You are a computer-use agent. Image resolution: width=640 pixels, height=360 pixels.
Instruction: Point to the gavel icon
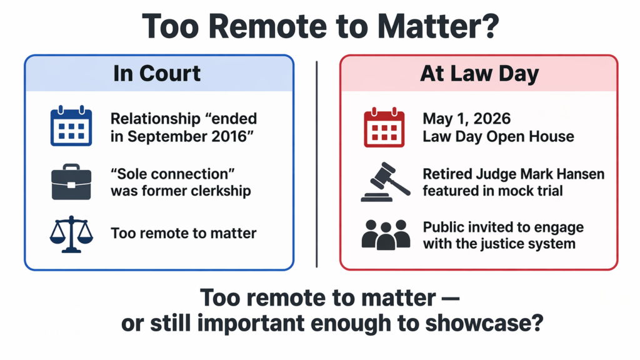click(x=385, y=182)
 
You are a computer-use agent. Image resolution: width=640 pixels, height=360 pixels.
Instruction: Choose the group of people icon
click(x=385, y=234)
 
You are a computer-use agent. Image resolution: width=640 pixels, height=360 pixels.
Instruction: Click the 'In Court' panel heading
click(x=157, y=74)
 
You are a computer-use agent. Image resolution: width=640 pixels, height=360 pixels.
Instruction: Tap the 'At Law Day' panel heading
click(x=478, y=74)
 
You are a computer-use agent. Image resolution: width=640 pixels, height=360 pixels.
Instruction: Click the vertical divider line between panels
click(x=317, y=162)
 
